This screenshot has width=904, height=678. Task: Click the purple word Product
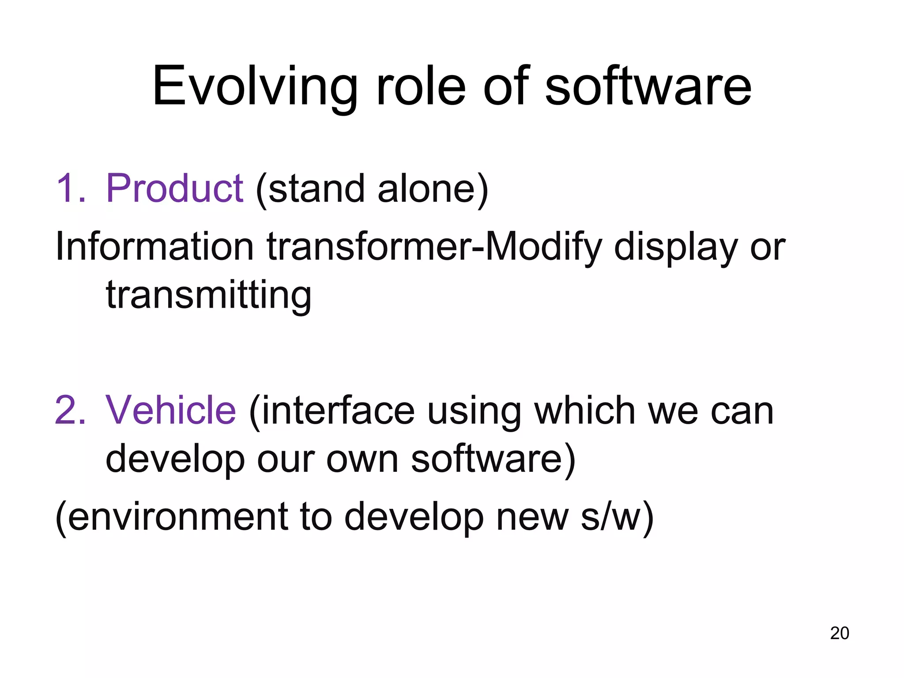[174, 188]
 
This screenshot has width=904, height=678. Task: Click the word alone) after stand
[433, 188]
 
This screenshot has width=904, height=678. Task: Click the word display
[675, 247]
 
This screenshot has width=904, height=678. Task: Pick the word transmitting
[208, 295]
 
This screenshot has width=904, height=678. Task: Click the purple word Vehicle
[171, 410]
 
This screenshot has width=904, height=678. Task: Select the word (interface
[331, 410]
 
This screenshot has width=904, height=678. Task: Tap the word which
[584, 410]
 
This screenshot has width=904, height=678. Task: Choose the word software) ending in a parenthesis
[493, 459]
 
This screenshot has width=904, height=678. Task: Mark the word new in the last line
[532, 516]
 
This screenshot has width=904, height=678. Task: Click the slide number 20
[839, 633]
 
